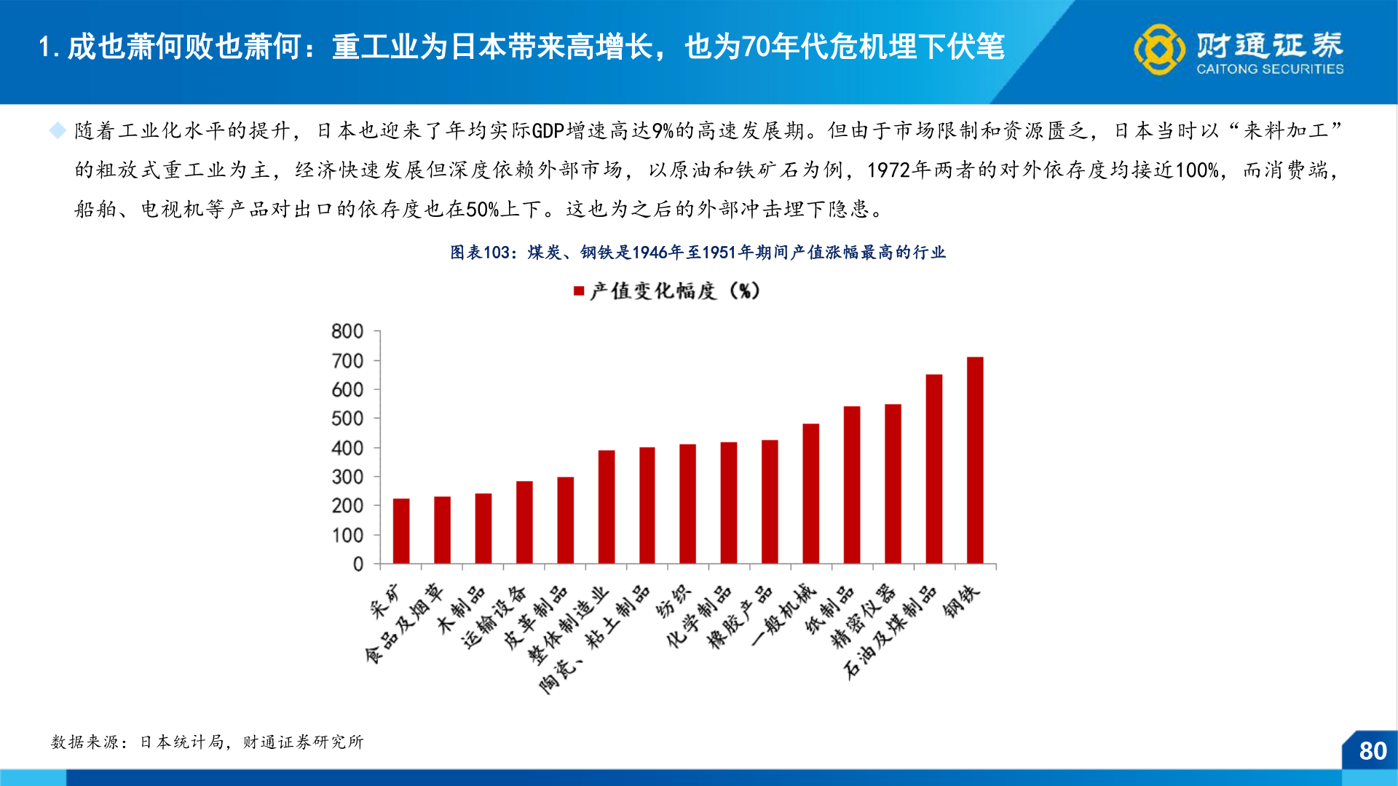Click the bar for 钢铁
click(975, 460)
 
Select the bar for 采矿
click(401, 531)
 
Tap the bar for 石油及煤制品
click(933, 469)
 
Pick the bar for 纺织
click(687, 504)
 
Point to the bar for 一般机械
click(810, 493)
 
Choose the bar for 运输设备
click(524, 522)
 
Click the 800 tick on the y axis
click(347, 332)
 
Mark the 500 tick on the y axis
click(347, 419)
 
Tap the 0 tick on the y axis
click(358, 564)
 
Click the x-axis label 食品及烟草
click(404, 624)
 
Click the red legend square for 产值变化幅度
click(579, 291)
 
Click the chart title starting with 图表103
click(698, 253)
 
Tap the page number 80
click(1373, 751)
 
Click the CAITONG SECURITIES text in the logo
click(1270, 69)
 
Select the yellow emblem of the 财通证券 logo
click(1158, 49)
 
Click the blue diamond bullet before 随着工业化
click(58, 131)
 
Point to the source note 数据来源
click(207, 742)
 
